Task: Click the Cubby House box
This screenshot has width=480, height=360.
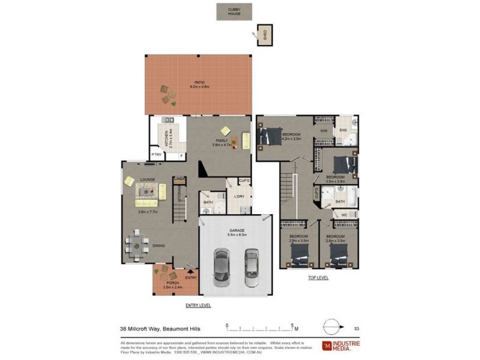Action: pos(234,11)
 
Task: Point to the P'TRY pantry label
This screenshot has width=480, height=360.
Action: pos(158,155)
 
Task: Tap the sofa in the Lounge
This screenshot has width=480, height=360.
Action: pos(150,191)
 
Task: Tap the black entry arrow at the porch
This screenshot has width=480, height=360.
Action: pos(191,272)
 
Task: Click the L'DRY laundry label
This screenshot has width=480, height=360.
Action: pos(238,196)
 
